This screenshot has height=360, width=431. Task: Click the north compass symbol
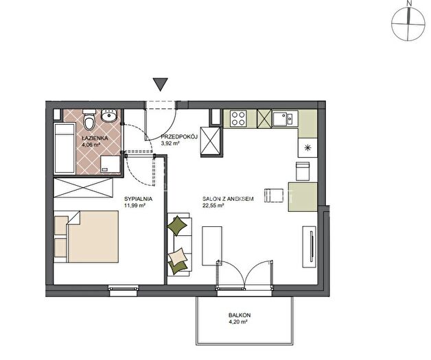pos(408,24)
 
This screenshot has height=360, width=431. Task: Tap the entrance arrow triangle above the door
pos(161,84)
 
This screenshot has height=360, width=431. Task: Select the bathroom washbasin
pos(109,116)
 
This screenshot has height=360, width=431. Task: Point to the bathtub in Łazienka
pos(65,148)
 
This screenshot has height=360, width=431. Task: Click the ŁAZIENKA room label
pos(95,138)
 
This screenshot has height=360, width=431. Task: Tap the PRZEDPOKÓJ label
pos(179,136)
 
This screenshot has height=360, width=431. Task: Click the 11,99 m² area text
pos(135,206)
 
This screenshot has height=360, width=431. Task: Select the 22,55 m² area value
pos(213,206)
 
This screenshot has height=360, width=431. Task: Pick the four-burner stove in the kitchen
pos(238,119)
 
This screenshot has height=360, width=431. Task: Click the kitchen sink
pos(285,119)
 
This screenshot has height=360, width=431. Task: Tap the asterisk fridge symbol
pos(307,147)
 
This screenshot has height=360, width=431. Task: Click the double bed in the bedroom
pos(86,237)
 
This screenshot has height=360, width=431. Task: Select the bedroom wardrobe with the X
pos(83,188)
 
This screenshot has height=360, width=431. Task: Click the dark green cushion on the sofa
pos(177,226)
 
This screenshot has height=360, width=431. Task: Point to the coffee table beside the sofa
pos(212,245)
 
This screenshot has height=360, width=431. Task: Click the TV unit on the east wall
pos(310,247)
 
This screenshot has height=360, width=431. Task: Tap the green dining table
pos(303,197)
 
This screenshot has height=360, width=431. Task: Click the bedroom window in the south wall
pos(123,290)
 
